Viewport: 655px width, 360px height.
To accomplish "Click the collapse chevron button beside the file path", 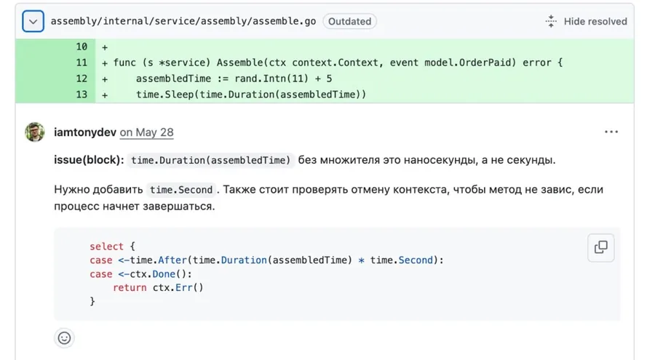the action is tap(33, 21).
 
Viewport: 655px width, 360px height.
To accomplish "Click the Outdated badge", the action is tap(349, 21).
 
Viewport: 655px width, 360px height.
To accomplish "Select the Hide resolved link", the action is tap(587, 21).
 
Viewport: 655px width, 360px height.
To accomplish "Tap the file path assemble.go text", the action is tap(183, 21).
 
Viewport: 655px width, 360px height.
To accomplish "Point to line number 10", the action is tap(82, 47).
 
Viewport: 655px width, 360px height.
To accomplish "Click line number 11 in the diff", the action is tap(82, 63).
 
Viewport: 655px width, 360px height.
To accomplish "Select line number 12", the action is tap(82, 79).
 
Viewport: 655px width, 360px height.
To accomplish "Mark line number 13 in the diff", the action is tap(82, 95).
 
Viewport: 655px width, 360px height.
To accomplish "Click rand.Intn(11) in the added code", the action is tap(271, 79).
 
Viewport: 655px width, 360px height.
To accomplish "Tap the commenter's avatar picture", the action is tap(35, 132).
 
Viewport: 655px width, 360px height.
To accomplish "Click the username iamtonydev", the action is tap(85, 132).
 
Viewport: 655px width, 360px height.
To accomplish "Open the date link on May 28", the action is tap(146, 132).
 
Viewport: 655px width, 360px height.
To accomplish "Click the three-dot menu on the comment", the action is tap(611, 132).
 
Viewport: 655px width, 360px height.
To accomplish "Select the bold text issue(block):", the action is tap(89, 160).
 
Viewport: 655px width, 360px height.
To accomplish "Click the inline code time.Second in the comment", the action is tap(181, 190).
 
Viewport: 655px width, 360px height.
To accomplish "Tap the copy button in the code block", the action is tap(600, 248).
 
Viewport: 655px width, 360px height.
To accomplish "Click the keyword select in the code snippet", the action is tap(106, 247).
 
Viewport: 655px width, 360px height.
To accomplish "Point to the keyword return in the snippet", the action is tap(130, 288).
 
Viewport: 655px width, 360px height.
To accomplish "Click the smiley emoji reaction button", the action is tap(64, 338).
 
